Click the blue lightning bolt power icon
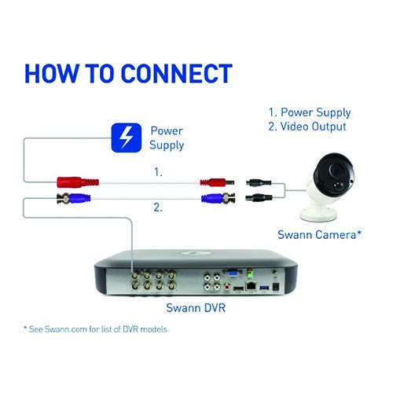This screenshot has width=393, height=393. coord(127,138)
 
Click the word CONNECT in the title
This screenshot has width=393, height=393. coord(177,74)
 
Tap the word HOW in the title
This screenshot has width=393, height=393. coord(52,74)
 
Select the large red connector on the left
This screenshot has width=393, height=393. coord(78,182)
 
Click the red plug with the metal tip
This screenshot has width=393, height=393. coord(217,182)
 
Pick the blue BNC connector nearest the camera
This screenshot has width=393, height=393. coord(218,198)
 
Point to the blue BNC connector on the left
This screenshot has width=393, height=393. coord(74,198)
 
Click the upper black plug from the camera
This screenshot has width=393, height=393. coord(259,182)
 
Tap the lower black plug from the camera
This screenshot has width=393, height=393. coord(259,197)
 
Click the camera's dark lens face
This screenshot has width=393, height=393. coord(335,174)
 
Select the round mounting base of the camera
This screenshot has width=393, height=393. coord(318,213)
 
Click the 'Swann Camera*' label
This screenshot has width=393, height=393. coord(319,234)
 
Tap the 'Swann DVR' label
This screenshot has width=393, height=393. coord(196,307)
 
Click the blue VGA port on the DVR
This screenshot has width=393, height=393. coord(233,274)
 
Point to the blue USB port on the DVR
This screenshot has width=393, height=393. coord(264,288)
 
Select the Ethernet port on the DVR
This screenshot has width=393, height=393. coord(251,286)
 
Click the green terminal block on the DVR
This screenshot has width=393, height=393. coord(250,274)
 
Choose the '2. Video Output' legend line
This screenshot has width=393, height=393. coord(307,127)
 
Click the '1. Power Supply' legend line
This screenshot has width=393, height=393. coord(310,112)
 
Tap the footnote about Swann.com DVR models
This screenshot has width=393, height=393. coord(95,329)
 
